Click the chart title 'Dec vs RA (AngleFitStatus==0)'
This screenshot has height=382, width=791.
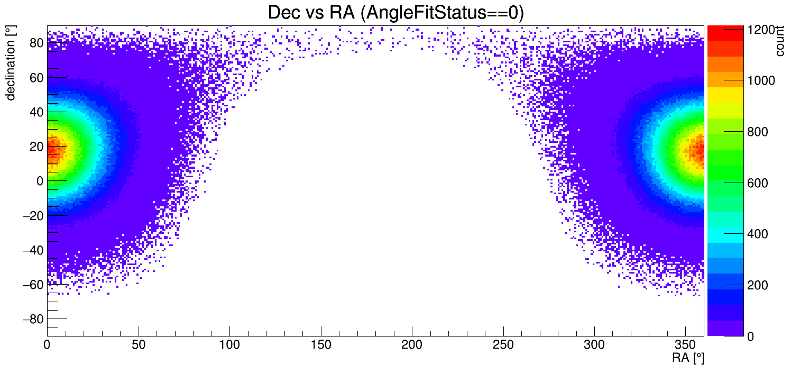[395, 13]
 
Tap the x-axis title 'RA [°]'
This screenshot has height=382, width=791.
[688, 358]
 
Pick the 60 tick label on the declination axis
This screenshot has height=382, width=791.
[36, 77]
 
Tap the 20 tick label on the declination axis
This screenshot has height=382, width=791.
[36, 147]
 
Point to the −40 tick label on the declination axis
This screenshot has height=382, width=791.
[32, 250]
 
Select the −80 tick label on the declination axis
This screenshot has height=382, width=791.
[32, 319]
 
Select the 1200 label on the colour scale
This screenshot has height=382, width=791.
[762, 30]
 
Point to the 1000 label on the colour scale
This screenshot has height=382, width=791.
[762, 80]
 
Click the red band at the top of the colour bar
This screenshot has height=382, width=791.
[725, 32]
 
